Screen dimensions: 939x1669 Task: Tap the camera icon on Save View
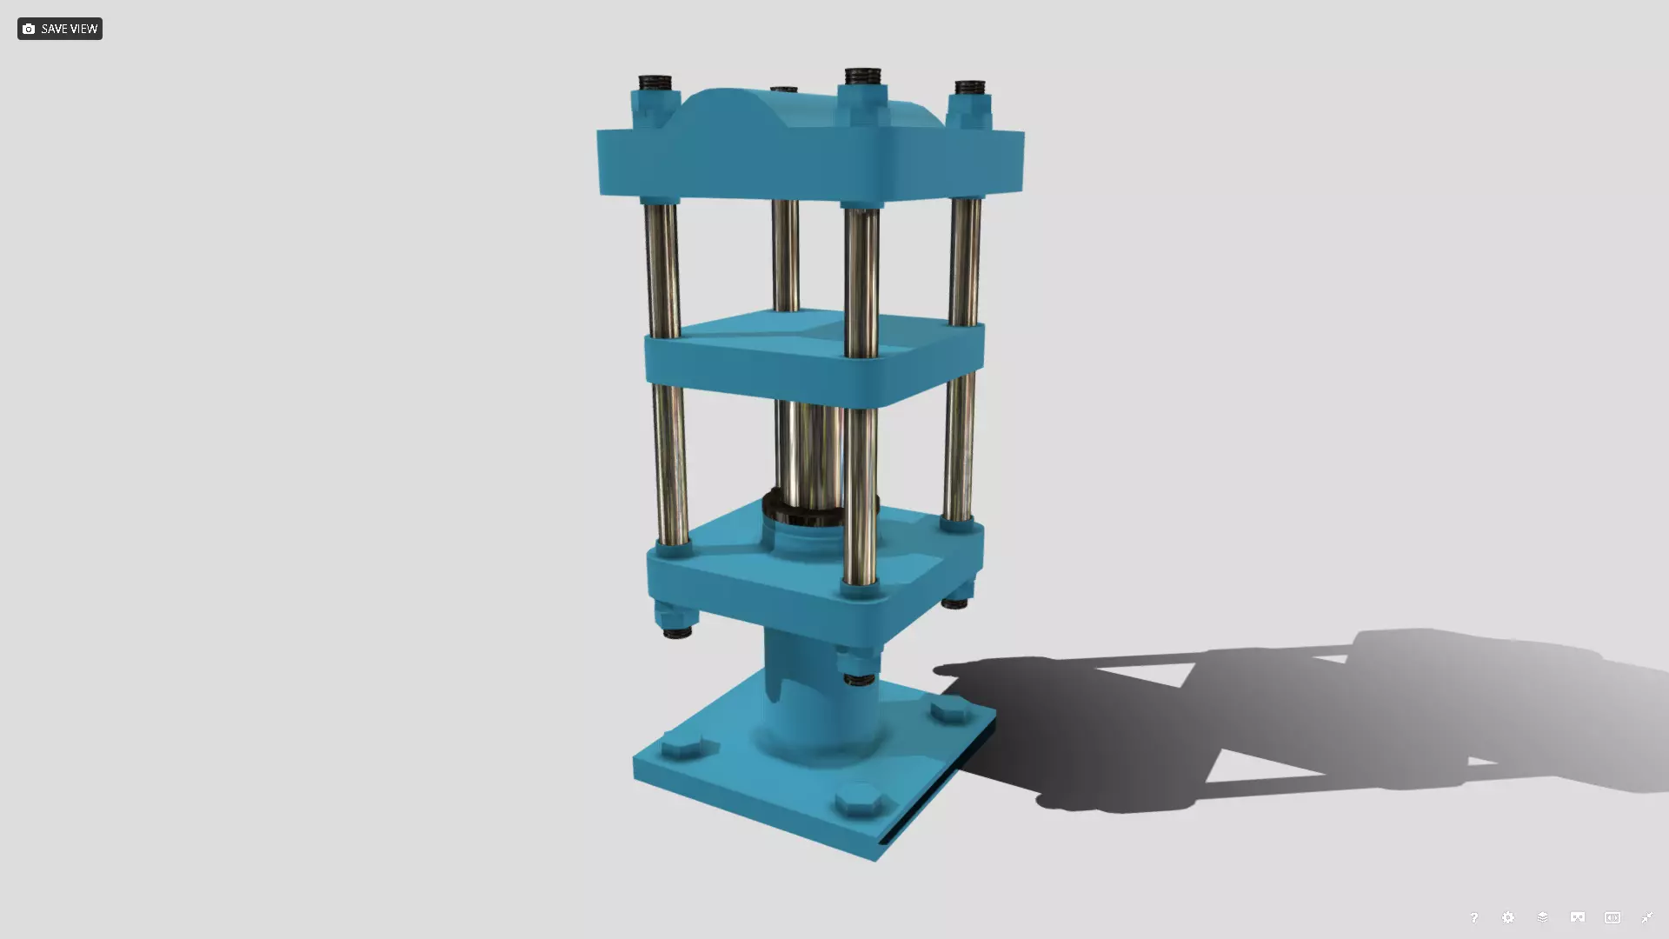[29, 29]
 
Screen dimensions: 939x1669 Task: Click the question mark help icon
[1473, 917]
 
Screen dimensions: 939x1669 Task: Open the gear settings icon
[1508, 917]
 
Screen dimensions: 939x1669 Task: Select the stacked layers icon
[1543, 917]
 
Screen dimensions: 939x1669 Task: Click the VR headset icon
[1578, 917]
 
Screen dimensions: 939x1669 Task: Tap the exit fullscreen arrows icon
[1646, 917]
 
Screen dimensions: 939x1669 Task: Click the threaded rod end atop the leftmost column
[655, 84]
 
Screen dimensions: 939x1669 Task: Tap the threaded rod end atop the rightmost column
[969, 88]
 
